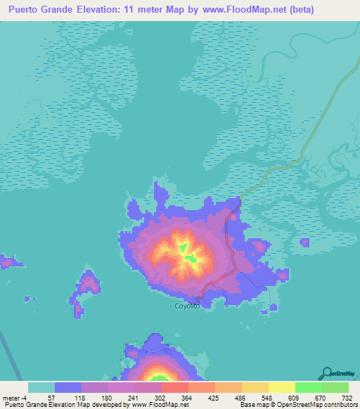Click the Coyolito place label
point(187,306)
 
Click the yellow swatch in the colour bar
point(282,387)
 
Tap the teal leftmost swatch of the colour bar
point(41,387)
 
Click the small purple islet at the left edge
point(7,262)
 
